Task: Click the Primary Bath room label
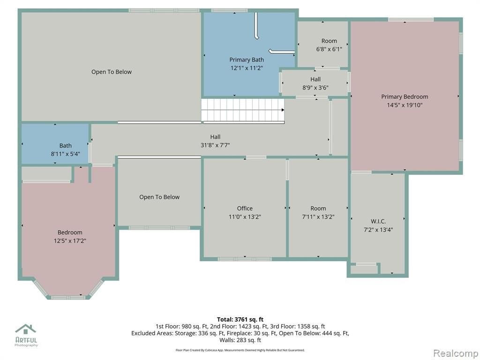click(x=247, y=60)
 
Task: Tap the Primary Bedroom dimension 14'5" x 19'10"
click(x=405, y=105)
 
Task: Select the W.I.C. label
click(x=378, y=221)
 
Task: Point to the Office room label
click(x=245, y=209)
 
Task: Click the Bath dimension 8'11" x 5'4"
click(x=66, y=154)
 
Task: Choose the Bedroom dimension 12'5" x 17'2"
click(x=70, y=240)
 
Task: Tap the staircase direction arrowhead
click(x=283, y=110)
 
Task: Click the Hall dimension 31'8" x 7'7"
click(x=215, y=145)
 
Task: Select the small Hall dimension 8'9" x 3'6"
click(x=315, y=88)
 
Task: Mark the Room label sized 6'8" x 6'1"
click(x=329, y=41)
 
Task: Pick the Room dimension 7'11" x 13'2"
click(x=318, y=217)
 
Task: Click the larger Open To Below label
click(x=112, y=72)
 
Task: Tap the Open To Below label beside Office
click(x=159, y=197)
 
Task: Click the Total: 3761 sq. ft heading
click(x=240, y=320)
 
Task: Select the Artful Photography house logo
click(x=26, y=329)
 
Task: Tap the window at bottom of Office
click(x=245, y=259)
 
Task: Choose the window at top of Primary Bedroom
click(x=411, y=20)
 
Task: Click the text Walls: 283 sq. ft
click(x=240, y=340)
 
